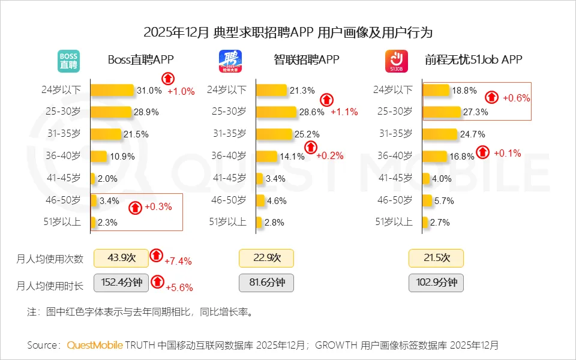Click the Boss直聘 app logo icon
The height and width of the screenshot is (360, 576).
tap(68, 61)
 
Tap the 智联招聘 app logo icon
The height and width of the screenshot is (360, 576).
tap(230, 61)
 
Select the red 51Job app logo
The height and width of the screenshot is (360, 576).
tap(396, 61)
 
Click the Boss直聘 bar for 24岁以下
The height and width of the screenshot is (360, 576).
tap(112, 90)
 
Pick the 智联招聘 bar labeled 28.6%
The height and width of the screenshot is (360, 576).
tap(277, 112)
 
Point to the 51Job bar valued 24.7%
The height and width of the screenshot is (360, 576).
tap(440, 133)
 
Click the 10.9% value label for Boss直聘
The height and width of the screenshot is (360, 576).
tap(122, 156)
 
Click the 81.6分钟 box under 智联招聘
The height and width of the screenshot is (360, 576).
tap(266, 283)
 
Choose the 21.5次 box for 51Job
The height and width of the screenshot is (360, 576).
tap(436, 258)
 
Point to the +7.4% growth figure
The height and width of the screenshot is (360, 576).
tap(178, 261)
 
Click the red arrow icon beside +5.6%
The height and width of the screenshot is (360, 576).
tap(157, 281)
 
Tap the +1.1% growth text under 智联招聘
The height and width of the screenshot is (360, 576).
tap(344, 112)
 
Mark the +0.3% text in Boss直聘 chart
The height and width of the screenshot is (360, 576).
tap(158, 207)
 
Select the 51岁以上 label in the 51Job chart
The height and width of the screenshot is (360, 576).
tap(394, 222)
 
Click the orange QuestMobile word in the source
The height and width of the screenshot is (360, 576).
tap(95, 345)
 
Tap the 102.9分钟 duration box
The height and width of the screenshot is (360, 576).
tap(436, 283)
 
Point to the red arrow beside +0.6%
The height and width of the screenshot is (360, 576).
tap(492, 97)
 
